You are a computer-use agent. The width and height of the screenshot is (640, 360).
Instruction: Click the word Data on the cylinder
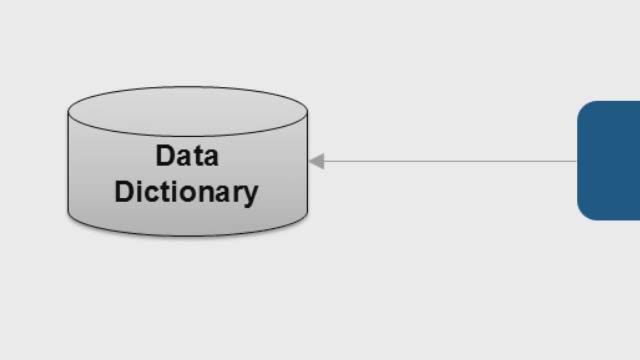click(187, 156)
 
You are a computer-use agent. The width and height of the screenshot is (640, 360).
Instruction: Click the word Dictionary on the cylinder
click(186, 191)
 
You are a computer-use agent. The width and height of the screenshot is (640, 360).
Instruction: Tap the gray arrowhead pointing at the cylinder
click(317, 161)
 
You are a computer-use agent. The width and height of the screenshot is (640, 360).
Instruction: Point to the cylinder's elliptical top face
click(187, 110)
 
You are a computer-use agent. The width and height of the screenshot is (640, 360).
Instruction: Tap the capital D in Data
click(165, 156)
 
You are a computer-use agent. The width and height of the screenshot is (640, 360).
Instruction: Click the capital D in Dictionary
click(124, 191)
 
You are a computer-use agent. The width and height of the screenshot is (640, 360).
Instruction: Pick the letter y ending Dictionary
click(250, 194)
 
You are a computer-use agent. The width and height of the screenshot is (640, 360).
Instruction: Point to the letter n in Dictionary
click(203, 192)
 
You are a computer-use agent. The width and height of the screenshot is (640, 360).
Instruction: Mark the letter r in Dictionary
click(236, 192)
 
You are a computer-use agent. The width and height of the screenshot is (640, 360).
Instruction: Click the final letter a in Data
click(209, 157)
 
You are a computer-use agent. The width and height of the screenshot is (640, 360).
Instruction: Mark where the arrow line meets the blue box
click(578, 161)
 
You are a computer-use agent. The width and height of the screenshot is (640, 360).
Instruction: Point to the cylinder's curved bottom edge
click(187, 235)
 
